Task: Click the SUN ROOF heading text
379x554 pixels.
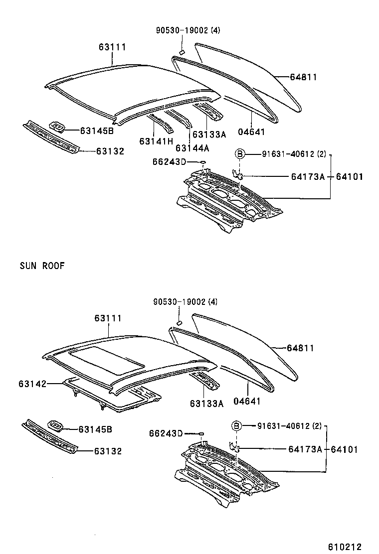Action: click(x=42, y=266)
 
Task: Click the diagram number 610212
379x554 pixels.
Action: click(x=344, y=547)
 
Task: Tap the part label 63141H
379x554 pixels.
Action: click(x=156, y=141)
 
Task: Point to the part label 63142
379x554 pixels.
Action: click(x=32, y=384)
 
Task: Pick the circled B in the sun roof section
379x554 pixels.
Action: click(x=237, y=425)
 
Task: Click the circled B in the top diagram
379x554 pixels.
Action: click(x=240, y=154)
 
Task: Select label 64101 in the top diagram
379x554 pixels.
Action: click(x=349, y=176)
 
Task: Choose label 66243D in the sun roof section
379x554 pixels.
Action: click(x=166, y=433)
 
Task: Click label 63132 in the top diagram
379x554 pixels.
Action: click(x=110, y=151)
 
